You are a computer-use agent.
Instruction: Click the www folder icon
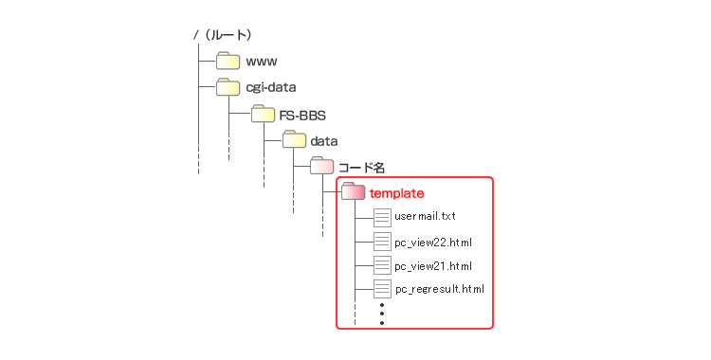point(228,62)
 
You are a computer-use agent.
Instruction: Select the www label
point(262,63)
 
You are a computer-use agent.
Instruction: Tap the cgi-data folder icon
point(228,88)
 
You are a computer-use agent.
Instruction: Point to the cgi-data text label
point(271,88)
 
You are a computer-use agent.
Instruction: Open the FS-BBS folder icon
point(263,115)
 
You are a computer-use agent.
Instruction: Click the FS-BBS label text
point(301,115)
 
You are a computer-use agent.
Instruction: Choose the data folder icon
point(293,140)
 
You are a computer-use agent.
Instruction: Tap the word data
point(325,141)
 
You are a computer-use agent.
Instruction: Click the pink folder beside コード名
point(321,167)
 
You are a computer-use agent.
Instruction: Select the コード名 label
point(365,167)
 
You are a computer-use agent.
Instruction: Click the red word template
point(396,193)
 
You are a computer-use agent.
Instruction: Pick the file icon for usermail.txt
point(382,217)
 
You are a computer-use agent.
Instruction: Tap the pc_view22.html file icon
point(382,241)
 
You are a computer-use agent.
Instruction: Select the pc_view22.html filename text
point(433,242)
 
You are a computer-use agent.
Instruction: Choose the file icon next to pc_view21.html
point(382,265)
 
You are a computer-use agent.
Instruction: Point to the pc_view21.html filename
point(433,266)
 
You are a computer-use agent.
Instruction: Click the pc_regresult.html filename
point(439,289)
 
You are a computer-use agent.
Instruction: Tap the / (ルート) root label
point(222,35)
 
